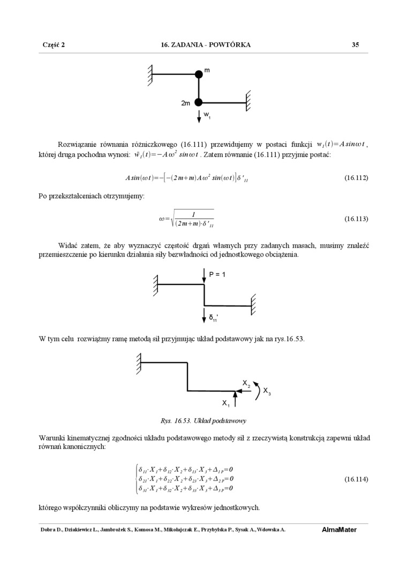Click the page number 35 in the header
[355, 45]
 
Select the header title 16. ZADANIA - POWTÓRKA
[206, 45]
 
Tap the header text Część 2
[54, 45]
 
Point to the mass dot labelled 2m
[199, 102]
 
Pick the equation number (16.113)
[356, 219]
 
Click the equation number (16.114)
[356, 479]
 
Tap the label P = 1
[217, 274]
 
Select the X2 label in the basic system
[246, 383]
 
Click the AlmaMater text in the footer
[339, 530]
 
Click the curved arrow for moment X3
[256, 392]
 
